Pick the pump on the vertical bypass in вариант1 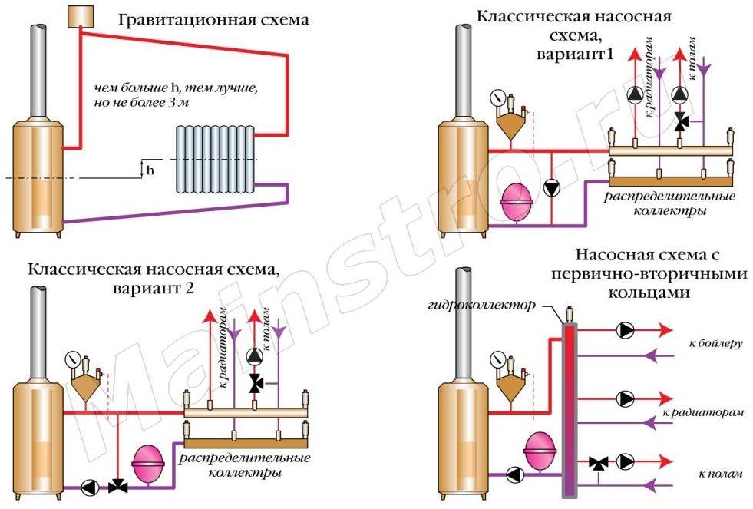[552, 187]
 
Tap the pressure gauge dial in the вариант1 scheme [500, 98]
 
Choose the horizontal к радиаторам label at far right [708, 412]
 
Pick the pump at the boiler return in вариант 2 [90, 486]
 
